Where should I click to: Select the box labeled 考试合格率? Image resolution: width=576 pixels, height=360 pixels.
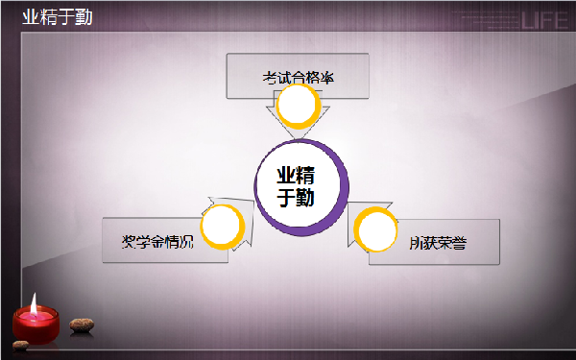point(298,77)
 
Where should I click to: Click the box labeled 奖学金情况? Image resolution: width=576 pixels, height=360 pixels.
point(154,240)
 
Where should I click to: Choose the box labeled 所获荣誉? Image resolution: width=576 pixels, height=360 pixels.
point(437,242)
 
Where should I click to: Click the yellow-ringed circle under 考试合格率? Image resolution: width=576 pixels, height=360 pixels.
point(298,105)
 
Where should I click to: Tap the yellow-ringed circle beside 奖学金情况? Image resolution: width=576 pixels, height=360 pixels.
point(223,227)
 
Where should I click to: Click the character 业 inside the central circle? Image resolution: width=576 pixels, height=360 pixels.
point(286,176)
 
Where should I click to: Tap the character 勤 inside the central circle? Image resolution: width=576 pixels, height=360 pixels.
point(307,198)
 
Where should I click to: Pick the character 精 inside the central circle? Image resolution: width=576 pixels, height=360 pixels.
point(307,176)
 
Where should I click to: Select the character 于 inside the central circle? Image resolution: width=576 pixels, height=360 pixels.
point(286,198)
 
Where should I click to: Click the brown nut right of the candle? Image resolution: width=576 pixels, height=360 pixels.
point(82,324)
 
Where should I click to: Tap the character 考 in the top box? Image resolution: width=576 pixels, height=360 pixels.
point(270,77)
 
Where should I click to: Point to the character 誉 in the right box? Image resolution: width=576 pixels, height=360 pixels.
point(460,243)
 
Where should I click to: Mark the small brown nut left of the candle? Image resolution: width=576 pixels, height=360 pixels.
point(18,344)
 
